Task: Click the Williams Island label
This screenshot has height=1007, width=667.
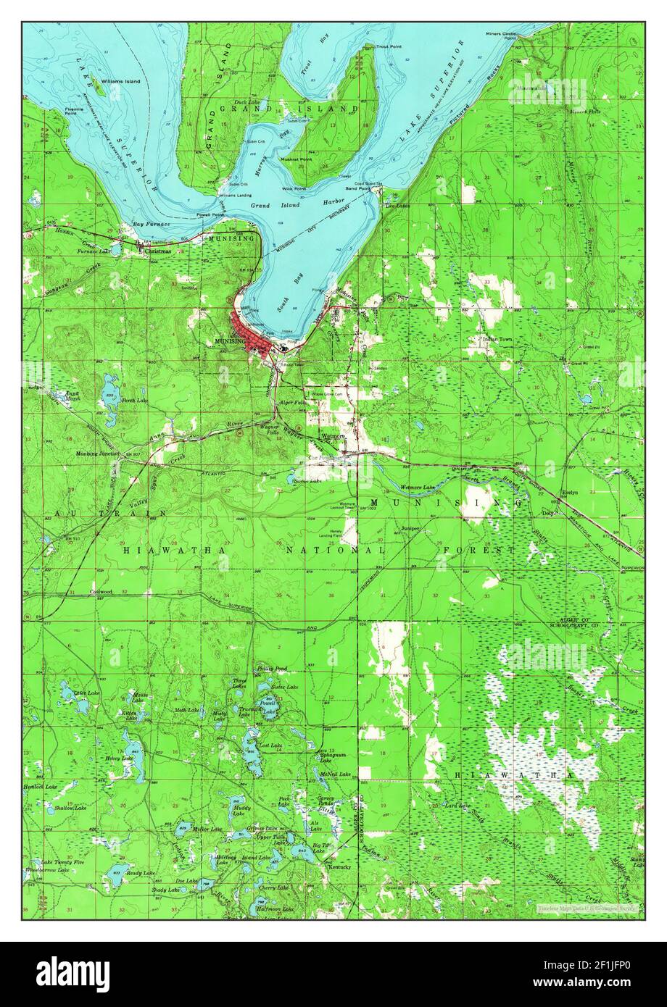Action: (121, 82)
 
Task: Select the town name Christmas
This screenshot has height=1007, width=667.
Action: (158, 251)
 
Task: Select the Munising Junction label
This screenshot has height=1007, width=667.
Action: (98, 454)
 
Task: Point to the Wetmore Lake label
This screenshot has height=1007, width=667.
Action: (417, 487)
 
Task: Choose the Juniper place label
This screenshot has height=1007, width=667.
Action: (410, 530)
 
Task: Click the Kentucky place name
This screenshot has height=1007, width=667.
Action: (339, 867)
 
